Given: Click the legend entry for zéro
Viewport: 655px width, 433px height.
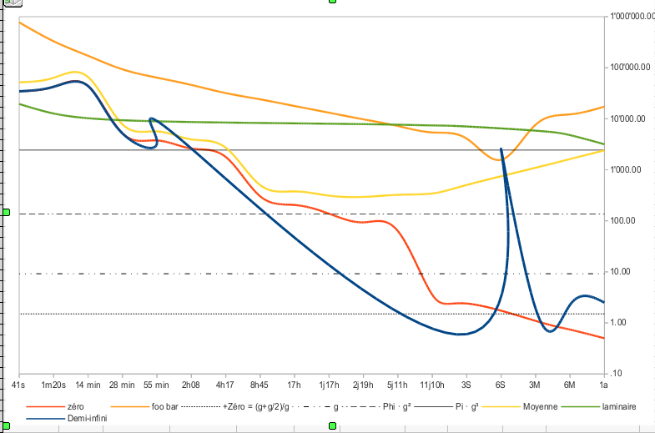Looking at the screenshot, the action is click(x=75, y=406).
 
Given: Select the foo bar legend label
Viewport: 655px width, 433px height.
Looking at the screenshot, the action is click(x=165, y=406).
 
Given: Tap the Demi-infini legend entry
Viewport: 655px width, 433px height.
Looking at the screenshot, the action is click(x=88, y=418).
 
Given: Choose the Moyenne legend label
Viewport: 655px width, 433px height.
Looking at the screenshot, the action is click(x=540, y=406).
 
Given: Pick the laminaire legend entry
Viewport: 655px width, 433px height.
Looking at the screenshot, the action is click(x=619, y=406).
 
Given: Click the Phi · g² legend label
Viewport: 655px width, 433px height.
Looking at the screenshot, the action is click(x=397, y=406).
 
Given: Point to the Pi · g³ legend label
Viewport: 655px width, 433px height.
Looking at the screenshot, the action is click(x=466, y=406).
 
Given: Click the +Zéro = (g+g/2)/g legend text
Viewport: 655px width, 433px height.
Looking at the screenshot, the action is click(x=255, y=406).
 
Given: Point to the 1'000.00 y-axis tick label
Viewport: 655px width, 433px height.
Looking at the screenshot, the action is click(x=625, y=169).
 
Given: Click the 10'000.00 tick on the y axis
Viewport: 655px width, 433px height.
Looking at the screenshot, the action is click(x=627, y=118).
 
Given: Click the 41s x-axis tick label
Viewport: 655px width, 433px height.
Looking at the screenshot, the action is click(x=18, y=385).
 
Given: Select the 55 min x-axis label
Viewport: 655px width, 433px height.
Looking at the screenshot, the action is click(x=156, y=385).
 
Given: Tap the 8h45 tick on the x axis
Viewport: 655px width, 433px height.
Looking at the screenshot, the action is click(x=259, y=385).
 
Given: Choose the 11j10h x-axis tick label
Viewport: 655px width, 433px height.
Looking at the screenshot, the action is click(x=432, y=385).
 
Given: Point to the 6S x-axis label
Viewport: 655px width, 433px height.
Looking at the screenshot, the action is click(x=501, y=385).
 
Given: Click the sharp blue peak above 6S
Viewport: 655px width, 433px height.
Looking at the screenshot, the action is click(x=501, y=149).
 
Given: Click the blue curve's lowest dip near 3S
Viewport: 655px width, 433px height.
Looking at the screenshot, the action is click(x=459, y=334).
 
